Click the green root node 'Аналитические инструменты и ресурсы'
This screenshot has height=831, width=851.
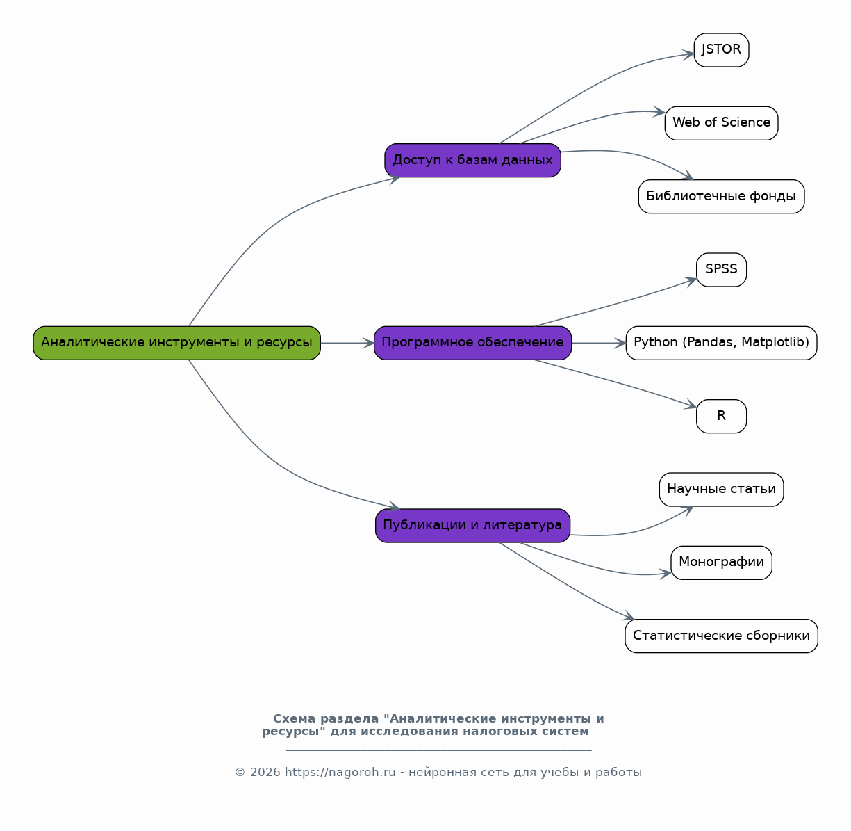(176, 343)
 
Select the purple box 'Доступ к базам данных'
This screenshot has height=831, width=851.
(472, 160)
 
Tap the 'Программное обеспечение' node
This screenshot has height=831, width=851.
(472, 343)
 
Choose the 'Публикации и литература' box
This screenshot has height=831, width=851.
(472, 526)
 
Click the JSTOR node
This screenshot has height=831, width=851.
(721, 50)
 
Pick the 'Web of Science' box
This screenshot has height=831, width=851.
(721, 123)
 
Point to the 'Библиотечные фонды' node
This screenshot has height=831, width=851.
(721, 197)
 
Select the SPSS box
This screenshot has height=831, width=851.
(721, 270)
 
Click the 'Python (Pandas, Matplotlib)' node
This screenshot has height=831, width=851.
(721, 343)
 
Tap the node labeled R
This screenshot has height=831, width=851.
(721, 416)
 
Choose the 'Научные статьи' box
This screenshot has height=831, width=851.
(721, 490)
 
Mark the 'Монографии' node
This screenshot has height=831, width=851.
(721, 563)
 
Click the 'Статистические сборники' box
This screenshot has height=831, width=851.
(721, 636)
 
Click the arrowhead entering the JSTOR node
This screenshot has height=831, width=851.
(688, 55)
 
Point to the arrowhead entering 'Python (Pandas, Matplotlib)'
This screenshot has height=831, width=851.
(620, 343)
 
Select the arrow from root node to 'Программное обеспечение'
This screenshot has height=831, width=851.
(347, 343)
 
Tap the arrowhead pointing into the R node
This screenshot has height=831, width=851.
(691, 405)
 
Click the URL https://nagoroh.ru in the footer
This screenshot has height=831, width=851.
(340, 772)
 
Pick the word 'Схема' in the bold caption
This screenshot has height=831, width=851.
(294, 719)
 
